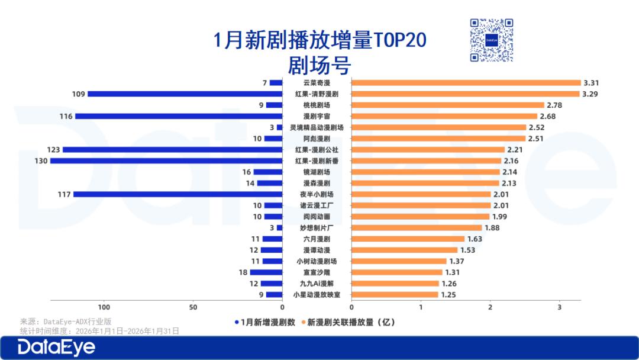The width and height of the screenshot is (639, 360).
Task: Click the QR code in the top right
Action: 491,40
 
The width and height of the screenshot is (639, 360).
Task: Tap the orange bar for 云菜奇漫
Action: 466,83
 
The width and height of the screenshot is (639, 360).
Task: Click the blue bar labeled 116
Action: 179,116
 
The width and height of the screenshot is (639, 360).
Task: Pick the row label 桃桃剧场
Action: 317,105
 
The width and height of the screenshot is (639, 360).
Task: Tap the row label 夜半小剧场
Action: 317,194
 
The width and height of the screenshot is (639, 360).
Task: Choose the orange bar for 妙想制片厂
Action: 417,228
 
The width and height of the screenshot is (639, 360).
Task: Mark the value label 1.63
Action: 475,239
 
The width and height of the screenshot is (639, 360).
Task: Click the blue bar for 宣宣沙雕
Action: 266,272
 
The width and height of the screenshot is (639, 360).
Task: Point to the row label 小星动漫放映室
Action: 317,295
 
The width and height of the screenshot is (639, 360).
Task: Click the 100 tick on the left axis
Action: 104,307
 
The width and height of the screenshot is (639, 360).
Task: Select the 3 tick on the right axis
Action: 559,307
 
